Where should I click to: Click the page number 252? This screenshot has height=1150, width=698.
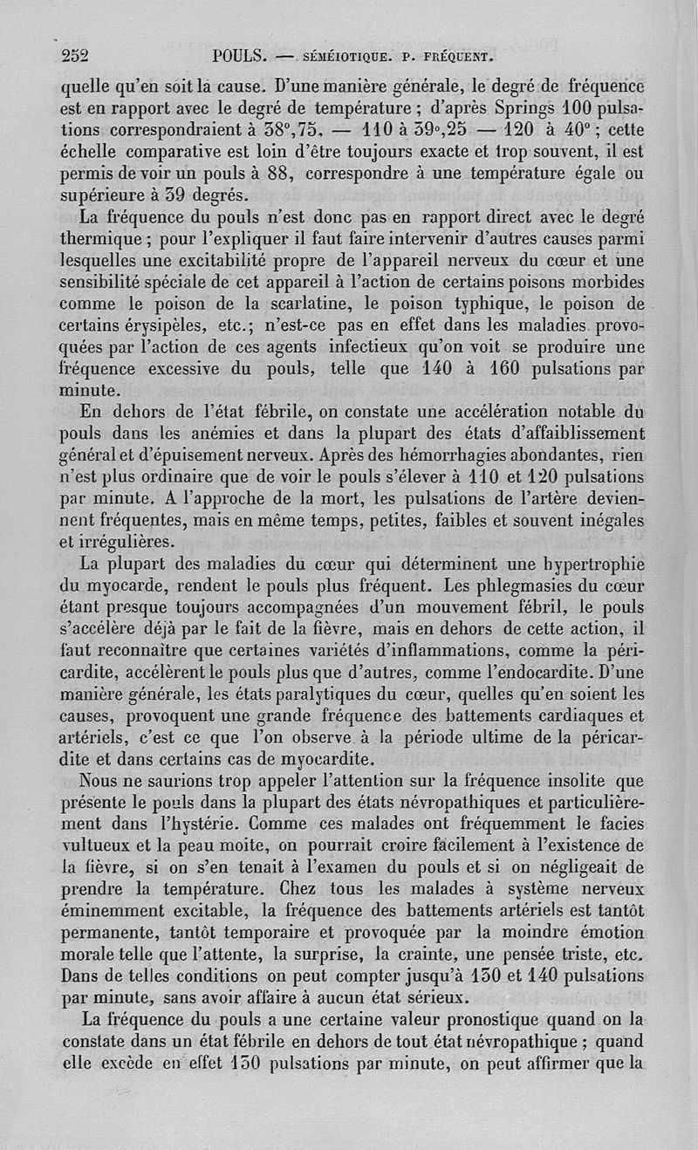pos(76,57)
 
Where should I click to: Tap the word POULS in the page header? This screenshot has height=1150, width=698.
pos(239,58)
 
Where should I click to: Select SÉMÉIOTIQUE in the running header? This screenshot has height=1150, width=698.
pos(344,59)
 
